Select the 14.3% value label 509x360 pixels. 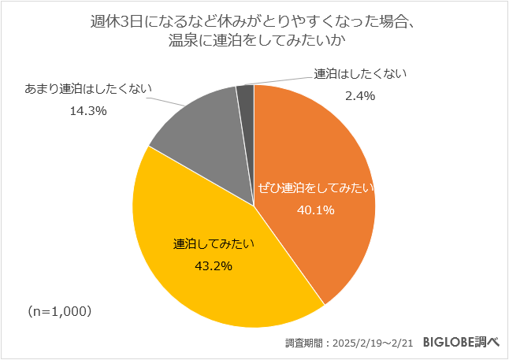[88, 111]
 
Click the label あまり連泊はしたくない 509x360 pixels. [88, 89]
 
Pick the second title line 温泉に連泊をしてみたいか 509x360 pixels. [254, 41]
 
